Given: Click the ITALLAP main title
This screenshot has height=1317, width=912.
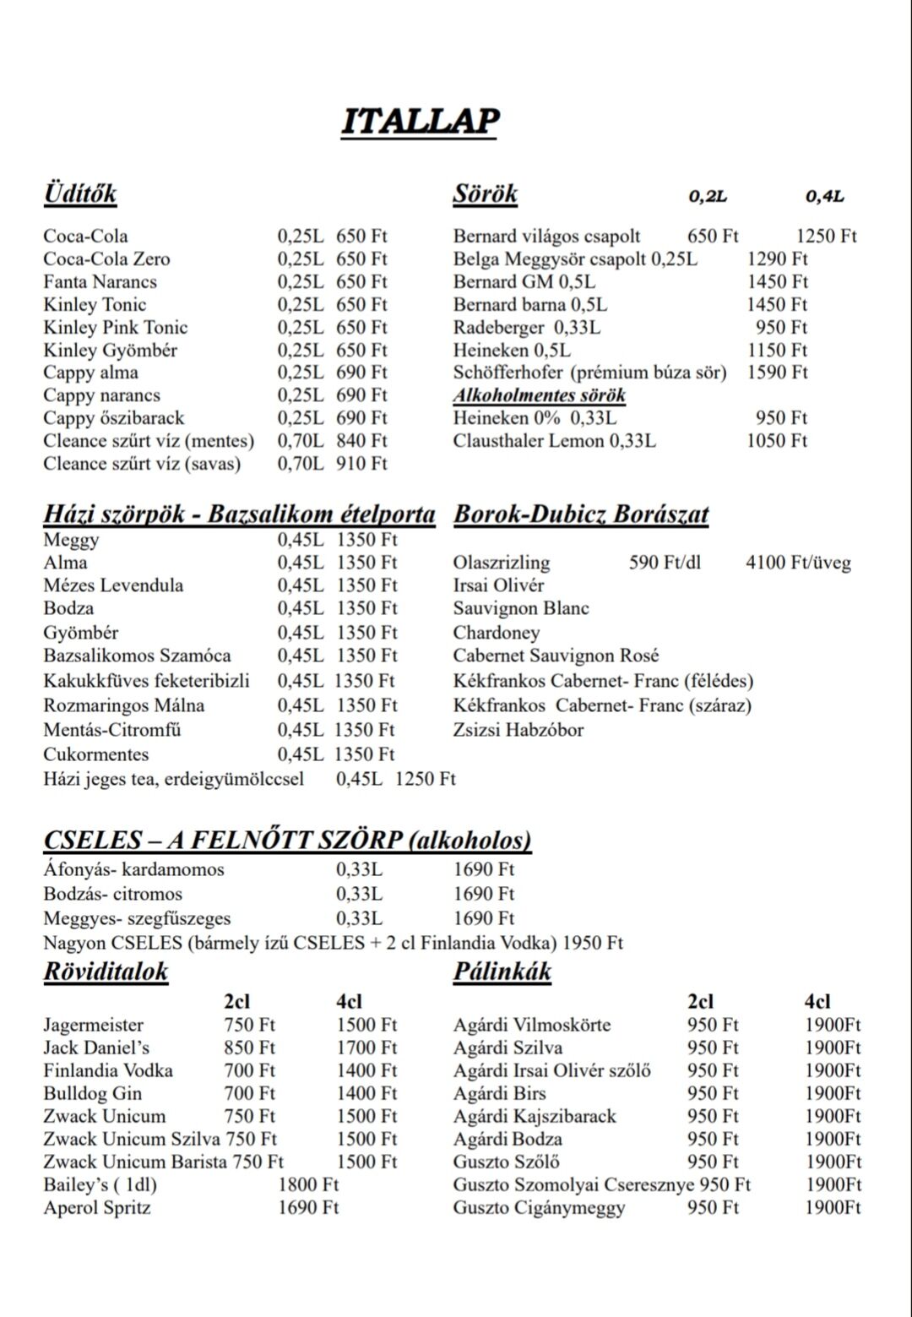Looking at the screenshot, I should tap(420, 121).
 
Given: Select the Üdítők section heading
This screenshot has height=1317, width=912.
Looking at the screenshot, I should tap(80, 193).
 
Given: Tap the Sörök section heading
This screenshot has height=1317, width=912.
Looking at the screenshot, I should tap(485, 193).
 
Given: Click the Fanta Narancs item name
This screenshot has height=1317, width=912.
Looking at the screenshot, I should tap(100, 282).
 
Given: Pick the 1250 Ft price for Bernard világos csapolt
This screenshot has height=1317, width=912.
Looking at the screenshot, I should tap(826, 237).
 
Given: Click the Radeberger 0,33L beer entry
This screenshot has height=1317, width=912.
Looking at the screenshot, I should tap(527, 328).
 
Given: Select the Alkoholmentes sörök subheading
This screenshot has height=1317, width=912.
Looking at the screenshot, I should tap(540, 395).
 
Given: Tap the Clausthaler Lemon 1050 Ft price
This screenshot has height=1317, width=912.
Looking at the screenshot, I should tap(777, 441).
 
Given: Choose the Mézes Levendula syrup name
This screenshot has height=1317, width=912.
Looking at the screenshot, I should tap(113, 585).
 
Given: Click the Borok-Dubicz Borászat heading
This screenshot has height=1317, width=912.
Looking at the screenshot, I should tap(581, 514).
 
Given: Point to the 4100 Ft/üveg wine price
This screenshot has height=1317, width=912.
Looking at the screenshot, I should tap(798, 563).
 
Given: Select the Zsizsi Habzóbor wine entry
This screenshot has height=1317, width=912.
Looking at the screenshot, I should tap(518, 730).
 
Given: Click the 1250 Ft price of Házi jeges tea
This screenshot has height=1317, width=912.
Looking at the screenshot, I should tap(425, 779).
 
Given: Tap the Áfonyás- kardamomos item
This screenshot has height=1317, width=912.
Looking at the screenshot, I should tap(133, 869).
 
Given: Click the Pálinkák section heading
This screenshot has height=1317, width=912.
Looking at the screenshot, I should tap(502, 971).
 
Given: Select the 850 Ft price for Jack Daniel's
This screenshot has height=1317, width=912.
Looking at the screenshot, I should tap(249, 1048).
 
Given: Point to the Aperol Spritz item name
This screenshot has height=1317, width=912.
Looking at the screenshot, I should tap(97, 1208).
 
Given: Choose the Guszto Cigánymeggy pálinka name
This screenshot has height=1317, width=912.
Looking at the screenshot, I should tap(539, 1208).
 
